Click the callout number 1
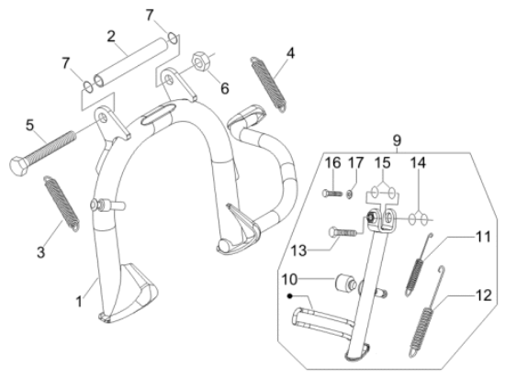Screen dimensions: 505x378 click(x=79, y=302)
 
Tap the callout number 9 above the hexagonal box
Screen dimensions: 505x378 click(x=397, y=140)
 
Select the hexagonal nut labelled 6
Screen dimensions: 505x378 click(x=201, y=61)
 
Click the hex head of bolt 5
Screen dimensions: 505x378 click(x=17, y=165)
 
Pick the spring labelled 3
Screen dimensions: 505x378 click(x=62, y=203)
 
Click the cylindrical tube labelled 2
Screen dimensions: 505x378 click(x=130, y=61)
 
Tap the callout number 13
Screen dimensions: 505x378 click(x=298, y=250)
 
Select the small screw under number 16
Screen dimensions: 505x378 click(x=332, y=194)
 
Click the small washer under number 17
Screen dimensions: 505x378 click(x=350, y=194)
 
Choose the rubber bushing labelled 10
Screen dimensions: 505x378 click(x=345, y=283)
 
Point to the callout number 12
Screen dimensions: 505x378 click(x=484, y=295)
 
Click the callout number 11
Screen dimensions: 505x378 click(x=483, y=237)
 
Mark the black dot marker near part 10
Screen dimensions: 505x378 click(x=290, y=295)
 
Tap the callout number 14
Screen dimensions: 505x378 click(x=418, y=163)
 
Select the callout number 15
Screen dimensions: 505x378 click(x=382, y=163)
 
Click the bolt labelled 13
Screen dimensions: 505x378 click(x=342, y=231)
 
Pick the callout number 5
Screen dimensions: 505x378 click(x=29, y=125)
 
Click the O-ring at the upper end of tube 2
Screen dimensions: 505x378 click(x=173, y=38)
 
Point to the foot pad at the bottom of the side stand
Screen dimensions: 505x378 click(x=357, y=352)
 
